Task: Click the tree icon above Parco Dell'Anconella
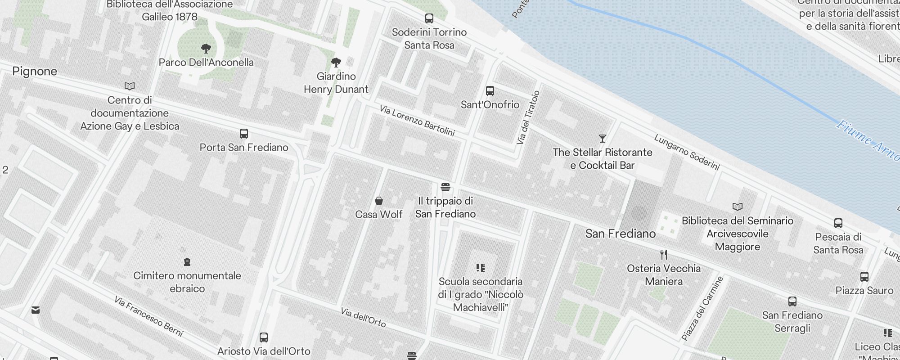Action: [206, 48]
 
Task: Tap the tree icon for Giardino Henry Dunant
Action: [336, 62]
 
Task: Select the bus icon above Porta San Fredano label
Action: [243, 134]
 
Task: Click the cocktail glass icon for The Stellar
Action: [603, 138]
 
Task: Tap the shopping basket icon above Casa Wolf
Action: [379, 200]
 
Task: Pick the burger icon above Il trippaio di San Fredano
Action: [445, 187]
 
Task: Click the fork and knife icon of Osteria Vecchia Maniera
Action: [664, 254]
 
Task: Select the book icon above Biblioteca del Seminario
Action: [737, 207]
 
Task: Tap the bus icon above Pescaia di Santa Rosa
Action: [838, 223]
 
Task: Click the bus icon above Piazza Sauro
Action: [864, 276]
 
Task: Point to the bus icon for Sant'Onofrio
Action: [490, 91]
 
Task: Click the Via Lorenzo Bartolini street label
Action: [417, 121]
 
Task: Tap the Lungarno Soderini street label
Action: [687, 152]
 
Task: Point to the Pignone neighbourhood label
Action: [35, 71]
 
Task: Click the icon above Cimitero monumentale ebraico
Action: [187, 261]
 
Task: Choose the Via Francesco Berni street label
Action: [148, 316]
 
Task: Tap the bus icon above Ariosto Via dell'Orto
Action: [264, 337]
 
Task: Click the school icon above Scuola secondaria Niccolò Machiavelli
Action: [481, 268]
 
